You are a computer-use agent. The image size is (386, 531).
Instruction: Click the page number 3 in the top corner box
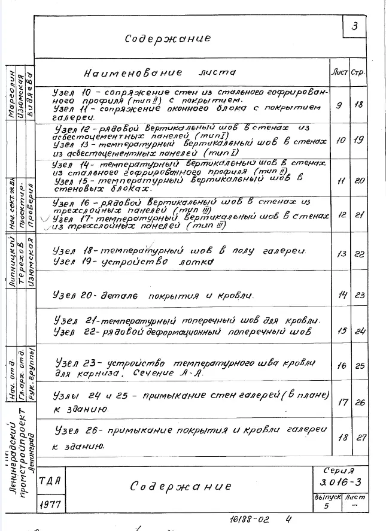[x=355, y=27]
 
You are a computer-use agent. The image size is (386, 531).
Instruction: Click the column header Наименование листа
[x=160, y=72]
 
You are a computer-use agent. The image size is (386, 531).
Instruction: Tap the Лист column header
[x=339, y=72]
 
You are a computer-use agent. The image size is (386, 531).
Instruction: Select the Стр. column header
[x=358, y=72]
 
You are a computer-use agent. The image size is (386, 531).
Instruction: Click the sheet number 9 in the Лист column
[x=339, y=106]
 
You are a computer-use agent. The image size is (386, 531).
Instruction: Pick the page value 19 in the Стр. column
[x=358, y=140]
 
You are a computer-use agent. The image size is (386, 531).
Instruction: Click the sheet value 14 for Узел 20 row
[x=343, y=295]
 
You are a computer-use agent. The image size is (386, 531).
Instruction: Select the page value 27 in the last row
[x=360, y=438]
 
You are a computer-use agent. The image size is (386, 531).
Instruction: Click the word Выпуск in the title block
[x=327, y=497]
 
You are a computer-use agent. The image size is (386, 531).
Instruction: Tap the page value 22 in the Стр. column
[x=360, y=254]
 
